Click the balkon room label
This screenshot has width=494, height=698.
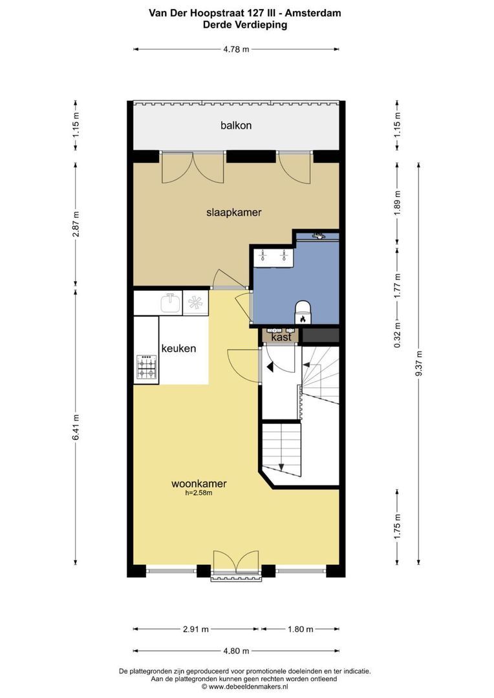tap(236, 125)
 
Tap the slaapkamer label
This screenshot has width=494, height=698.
tap(234, 213)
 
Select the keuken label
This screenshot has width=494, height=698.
tap(178, 348)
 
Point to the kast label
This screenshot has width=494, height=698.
tap(281, 337)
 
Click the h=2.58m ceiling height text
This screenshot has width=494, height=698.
tap(199, 492)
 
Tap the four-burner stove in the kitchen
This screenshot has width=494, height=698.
tap(147, 367)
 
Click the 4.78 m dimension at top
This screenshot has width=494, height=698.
tap(236, 49)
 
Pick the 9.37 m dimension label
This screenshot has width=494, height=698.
tap(419, 363)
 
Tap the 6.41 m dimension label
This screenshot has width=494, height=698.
tap(76, 427)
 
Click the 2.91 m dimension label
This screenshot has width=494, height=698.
tap(196, 629)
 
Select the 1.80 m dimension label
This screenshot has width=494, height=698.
tap(300, 629)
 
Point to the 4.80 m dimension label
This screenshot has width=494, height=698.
tap(236, 651)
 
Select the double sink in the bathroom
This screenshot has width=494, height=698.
tap(273, 257)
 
